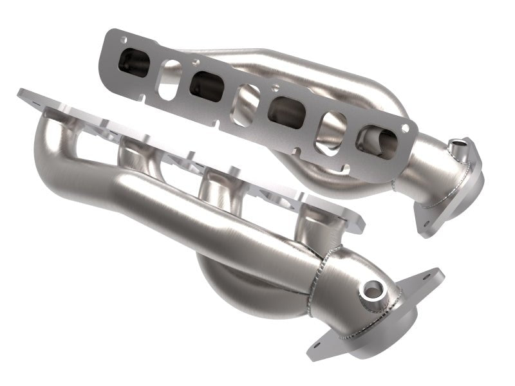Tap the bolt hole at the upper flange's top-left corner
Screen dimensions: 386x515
(x=123, y=40)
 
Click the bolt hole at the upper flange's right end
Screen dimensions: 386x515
(x=405, y=129)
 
